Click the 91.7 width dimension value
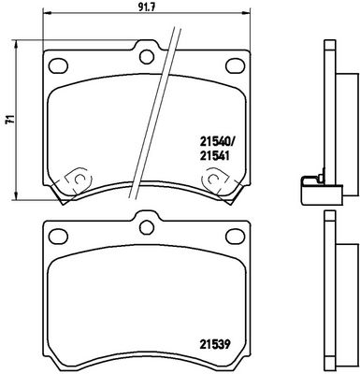coord(146,7)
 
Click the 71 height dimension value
coord(10,120)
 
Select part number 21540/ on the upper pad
coord(217,143)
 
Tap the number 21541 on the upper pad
coord(215,155)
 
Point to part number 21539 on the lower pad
coord(215,344)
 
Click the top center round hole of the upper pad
coord(147,57)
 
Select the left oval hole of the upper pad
coord(58,66)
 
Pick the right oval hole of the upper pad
coord(236,65)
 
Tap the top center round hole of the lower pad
coord(147,227)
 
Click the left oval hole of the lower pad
coord(58,237)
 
